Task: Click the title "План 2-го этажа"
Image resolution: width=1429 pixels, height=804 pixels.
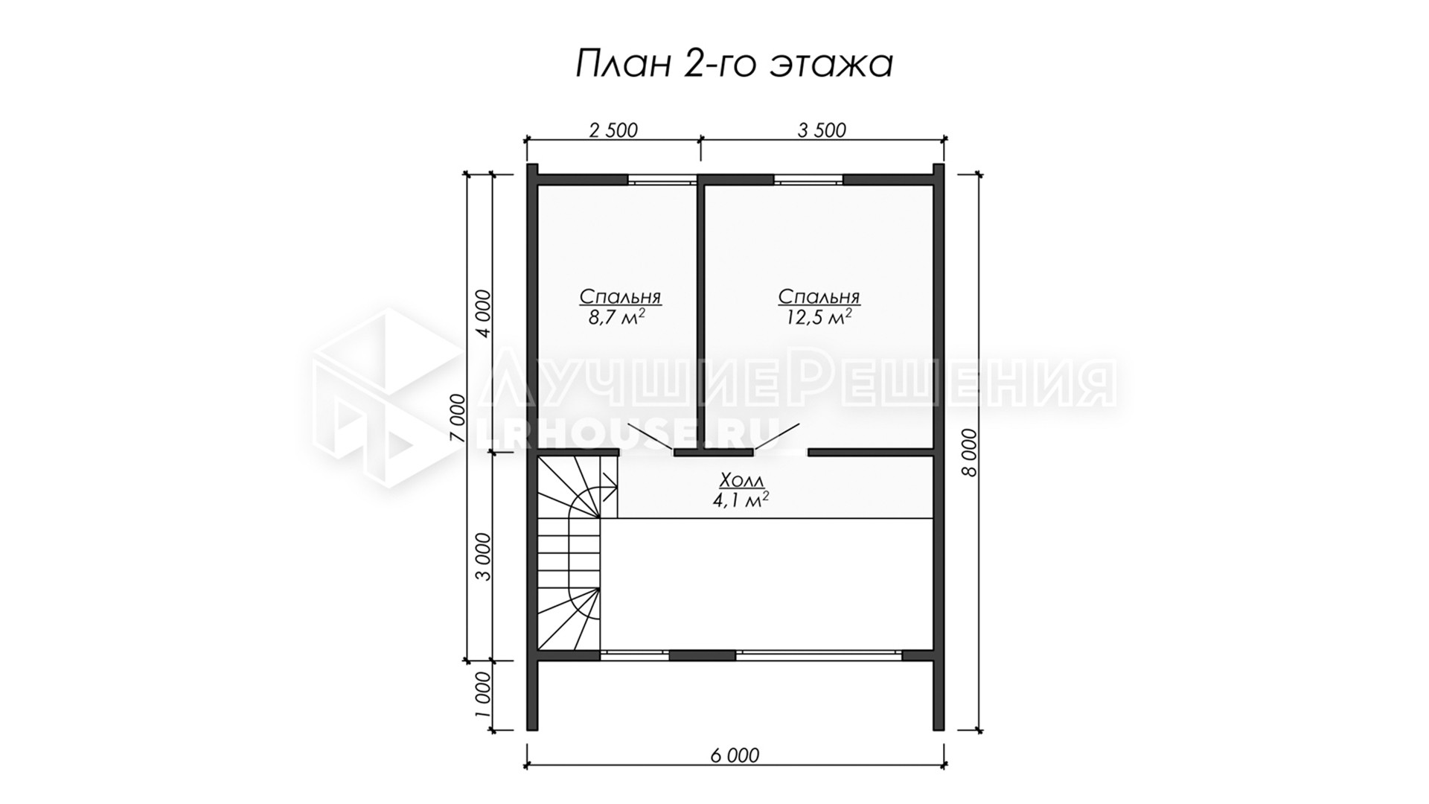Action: (734, 64)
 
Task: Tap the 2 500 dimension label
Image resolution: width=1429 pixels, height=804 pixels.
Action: (613, 130)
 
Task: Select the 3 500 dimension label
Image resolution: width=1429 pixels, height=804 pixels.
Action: (822, 130)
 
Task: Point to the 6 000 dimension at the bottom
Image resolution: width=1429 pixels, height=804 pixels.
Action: (735, 756)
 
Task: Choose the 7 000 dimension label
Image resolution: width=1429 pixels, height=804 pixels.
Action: (458, 418)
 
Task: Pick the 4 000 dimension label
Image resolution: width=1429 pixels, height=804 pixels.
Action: (484, 313)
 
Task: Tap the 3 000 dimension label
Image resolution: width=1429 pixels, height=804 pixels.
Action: (484, 557)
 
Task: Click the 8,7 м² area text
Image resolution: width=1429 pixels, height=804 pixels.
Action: (616, 318)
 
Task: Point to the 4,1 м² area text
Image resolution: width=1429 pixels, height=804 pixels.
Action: (741, 500)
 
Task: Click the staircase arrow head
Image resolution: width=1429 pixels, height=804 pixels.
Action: (612, 489)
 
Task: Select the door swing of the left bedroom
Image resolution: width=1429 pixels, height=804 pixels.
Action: (651, 438)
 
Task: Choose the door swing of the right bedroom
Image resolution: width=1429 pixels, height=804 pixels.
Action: (777, 438)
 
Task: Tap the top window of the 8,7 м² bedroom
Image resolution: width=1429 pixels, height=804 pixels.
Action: (662, 179)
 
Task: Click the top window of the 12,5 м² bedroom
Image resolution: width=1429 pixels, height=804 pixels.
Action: (808, 179)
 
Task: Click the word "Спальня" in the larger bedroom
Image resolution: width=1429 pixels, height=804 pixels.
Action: (819, 296)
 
